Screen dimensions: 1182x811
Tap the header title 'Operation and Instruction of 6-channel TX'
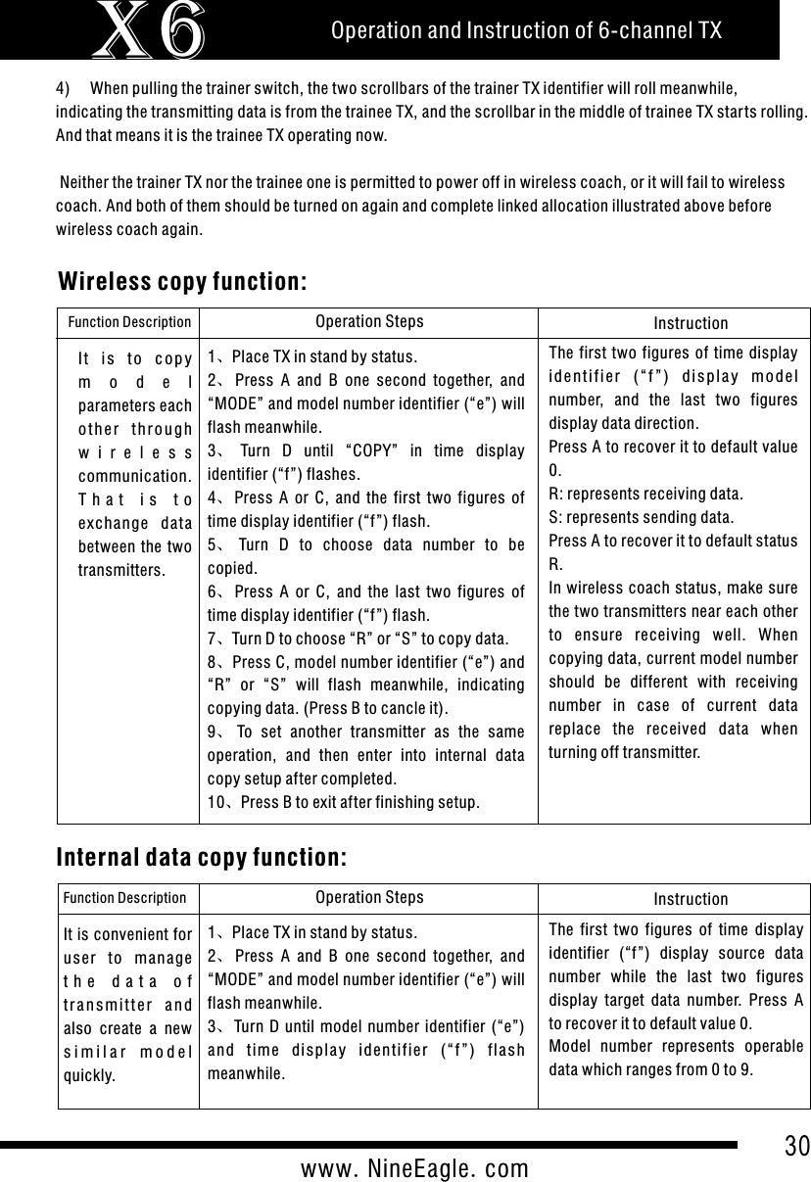point(526,31)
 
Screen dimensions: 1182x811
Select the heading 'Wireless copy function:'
point(184,282)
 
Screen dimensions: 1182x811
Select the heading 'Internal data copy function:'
point(203,858)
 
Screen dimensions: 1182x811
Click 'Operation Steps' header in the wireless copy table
point(369,321)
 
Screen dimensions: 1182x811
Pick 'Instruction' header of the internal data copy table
point(691,898)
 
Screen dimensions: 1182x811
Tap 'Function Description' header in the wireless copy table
point(128,322)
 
